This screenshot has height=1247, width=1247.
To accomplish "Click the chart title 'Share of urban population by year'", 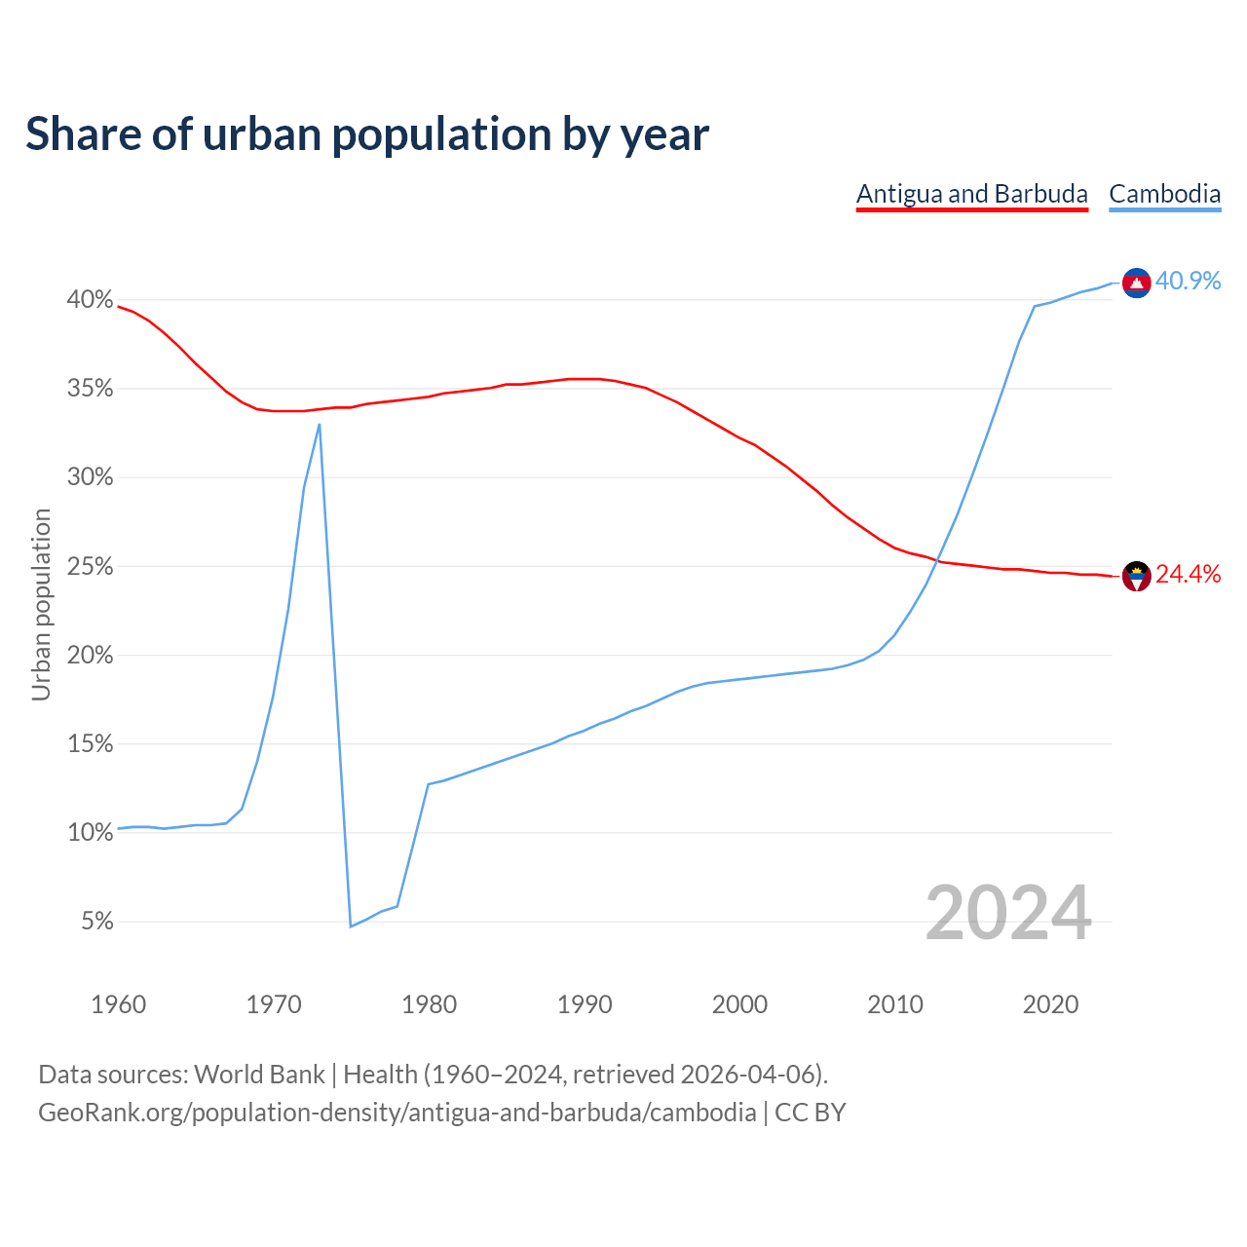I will click(367, 133).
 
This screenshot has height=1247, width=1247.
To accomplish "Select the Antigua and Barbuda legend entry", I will click(971, 194).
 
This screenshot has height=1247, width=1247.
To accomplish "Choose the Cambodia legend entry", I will click(1164, 194).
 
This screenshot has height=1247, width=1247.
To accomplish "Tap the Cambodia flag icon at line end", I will click(1136, 283).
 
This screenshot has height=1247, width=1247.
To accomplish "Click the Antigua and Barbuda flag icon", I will click(1136, 576).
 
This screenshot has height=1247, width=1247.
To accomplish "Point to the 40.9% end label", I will click(1188, 281).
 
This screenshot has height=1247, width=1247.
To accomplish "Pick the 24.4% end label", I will click(1188, 575).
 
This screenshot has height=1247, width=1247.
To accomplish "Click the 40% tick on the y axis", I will click(90, 300).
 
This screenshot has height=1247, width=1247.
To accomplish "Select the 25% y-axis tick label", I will click(90, 567).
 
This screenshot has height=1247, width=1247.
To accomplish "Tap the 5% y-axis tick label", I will click(96, 922).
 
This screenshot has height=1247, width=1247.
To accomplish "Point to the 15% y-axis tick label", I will click(90, 744).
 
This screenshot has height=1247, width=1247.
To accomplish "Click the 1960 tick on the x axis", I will click(118, 1004).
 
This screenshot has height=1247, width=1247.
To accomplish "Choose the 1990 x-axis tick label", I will click(585, 1004).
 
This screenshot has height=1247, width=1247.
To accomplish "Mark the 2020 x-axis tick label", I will click(1050, 1004).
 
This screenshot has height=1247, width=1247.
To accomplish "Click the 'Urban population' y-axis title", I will click(41, 604).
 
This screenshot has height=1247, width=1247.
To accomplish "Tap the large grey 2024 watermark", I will click(1007, 914).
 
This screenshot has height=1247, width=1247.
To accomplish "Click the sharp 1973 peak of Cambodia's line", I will click(320, 424).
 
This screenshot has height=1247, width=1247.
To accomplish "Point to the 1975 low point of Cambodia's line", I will click(351, 926).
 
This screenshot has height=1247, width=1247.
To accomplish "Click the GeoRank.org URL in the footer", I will click(397, 1112).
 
